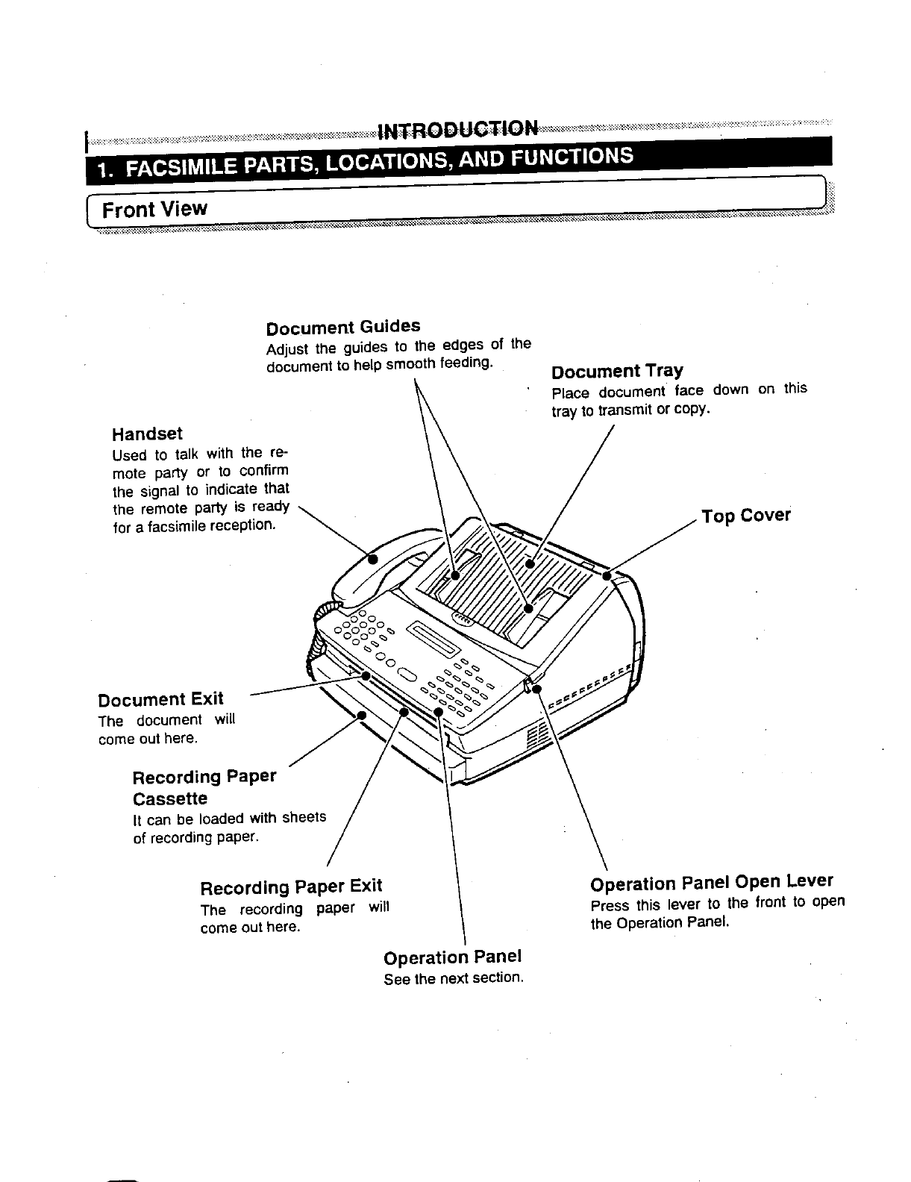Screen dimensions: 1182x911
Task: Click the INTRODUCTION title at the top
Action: [x=458, y=130]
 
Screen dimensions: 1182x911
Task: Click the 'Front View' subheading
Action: [x=154, y=209]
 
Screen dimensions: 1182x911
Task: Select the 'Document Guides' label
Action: [x=343, y=327]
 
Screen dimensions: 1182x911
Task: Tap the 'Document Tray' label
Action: [x=617, y=371]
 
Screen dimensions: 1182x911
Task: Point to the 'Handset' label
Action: [x=147, y=434]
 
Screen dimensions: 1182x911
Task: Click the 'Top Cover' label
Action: [x=745, y=516]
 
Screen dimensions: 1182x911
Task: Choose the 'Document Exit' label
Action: [x=160, y=699]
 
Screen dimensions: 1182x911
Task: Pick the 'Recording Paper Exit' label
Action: [x=291, y=887]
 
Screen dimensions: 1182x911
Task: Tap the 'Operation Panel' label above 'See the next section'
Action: [x=452, y=957]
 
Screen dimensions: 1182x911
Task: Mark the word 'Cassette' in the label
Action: [x=170, y=798]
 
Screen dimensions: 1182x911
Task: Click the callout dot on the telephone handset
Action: [x=374, y=557]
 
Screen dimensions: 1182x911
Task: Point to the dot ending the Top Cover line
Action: [x=607, y=575]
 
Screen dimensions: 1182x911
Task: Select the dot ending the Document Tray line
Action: [x=529, y=563]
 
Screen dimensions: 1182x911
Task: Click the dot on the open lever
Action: [x=536, y=688]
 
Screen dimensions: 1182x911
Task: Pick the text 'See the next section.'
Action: [x=453, y=978]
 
